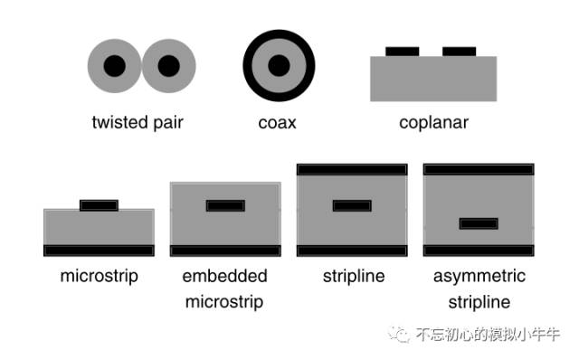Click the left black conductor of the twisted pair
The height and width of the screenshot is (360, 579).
[114, 66]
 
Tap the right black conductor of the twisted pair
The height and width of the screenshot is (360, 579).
[169, 66]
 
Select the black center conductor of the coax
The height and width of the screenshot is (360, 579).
[279, 66]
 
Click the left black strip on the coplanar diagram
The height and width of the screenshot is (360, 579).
[403, 51]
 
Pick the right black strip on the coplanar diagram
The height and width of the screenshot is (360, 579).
[459, 51]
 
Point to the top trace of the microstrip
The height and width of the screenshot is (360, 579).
[99, 205]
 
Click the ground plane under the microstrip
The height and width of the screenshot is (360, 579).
[99, 250]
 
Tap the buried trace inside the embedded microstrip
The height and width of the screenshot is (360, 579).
[225, 205]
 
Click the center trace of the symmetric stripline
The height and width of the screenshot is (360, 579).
[352, 205]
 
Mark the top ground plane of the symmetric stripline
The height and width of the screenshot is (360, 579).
[352, 168]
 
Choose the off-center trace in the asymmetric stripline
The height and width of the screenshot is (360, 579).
[479, 223]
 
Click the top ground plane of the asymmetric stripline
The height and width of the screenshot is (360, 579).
[479, 168]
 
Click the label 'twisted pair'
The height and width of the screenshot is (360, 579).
[138, 122]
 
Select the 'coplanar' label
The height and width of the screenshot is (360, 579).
[433, 122]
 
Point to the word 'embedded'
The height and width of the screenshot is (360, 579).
[224, 276]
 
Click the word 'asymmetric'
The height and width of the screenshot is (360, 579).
[479, 276]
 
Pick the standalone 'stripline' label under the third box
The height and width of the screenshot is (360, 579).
[352, 276]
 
